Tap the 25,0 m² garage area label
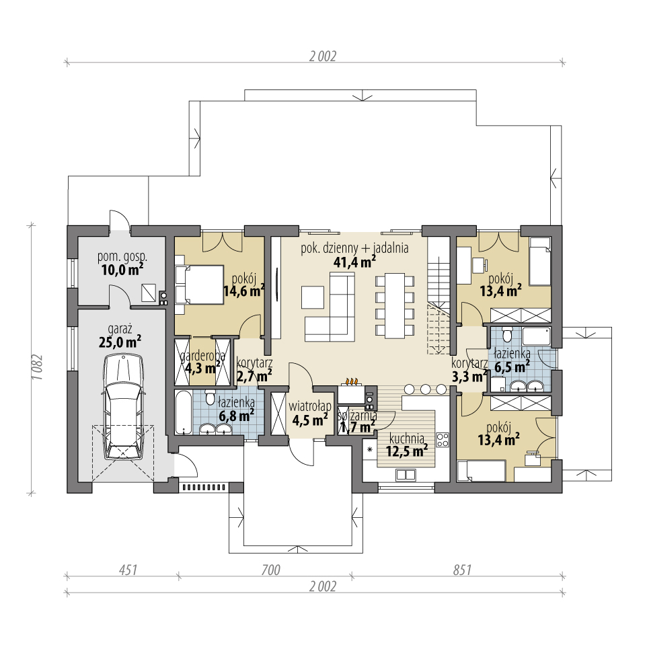click(x=120, y=342)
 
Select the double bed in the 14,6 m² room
click(x=199, y=284)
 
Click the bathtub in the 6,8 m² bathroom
click(x=183, y=412)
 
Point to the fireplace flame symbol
click(x=350, y=381)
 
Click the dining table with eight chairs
click(x=395, y=305)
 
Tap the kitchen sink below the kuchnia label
click(x=406, y=475)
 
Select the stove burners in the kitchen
click(x=443, y=440)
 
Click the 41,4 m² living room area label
click(x=354, y=262)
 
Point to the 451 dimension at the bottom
click(x=128, y=570)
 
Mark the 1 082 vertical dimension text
click(x=38, y=367)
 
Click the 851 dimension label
click(x=462, y=570)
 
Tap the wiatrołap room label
click(x=310, y=406)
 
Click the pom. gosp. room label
click(x=122, y=257)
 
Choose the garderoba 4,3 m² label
click(x=202, y=362)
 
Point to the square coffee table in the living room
click(x=312, y=297)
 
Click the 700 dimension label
click(x=270, y=570)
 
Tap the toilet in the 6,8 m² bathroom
click(x=210, y=399)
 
